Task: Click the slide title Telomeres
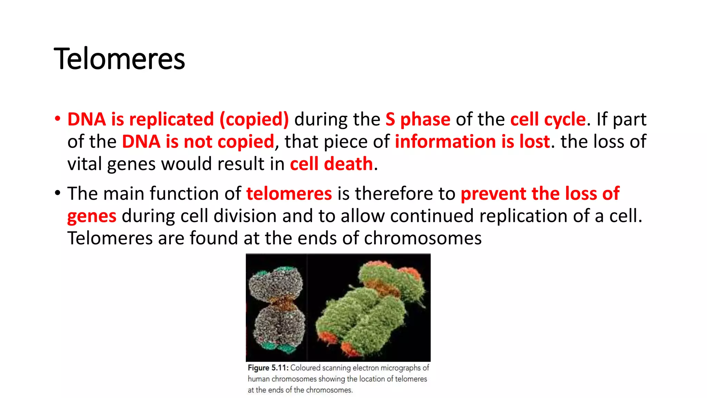[119, 59]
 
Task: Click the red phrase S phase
[418, 120]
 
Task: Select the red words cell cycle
[548, 120]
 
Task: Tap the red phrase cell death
[331, 164]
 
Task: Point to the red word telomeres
[289, 193]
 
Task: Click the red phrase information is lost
[472, 142]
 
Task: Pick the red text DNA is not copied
[198, 142]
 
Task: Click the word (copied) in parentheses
[254, 120]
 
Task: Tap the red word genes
[91, 217]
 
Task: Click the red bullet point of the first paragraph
[57, 119]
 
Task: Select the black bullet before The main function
[57, 193]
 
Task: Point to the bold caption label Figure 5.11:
[268, 368]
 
